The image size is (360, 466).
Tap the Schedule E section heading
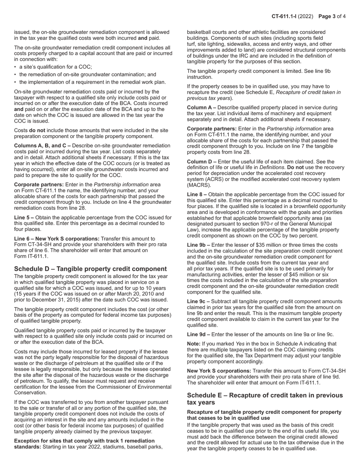point(265,398)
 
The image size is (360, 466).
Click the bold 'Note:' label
point(194,344)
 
